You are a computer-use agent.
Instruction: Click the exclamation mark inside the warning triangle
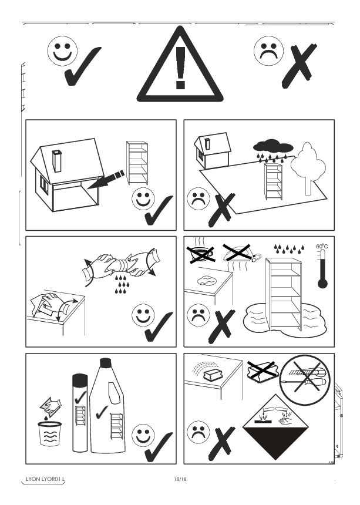coord(181,68)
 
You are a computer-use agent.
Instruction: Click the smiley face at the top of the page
coord(62,51)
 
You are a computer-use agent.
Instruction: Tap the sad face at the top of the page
coord(268,51)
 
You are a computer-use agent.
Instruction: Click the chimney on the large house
coord(57,161)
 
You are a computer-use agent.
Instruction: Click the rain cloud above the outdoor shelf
coord(273,147)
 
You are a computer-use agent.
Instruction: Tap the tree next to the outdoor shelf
coord(308,168)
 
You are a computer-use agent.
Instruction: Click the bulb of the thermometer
coord(322,284)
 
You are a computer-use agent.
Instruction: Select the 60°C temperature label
coord(322,247)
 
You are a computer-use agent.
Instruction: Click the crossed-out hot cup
coord(201,254)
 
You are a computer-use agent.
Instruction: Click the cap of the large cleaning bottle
coord(105,363)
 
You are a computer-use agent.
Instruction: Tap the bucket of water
coord(50,433)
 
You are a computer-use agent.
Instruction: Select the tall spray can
coord(80,413)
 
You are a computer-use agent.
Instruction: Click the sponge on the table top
coord(212,376)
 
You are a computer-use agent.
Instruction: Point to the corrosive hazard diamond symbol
coord(275,427)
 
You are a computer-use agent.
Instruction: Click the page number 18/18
coord(180,479)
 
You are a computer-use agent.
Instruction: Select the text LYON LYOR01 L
coord(45,479)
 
